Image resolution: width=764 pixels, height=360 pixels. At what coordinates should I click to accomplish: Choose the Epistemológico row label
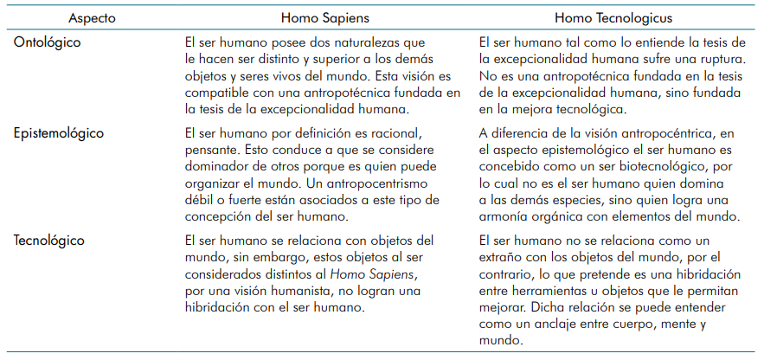(59, 134)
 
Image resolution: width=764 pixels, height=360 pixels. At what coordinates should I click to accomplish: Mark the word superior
(334, 59)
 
